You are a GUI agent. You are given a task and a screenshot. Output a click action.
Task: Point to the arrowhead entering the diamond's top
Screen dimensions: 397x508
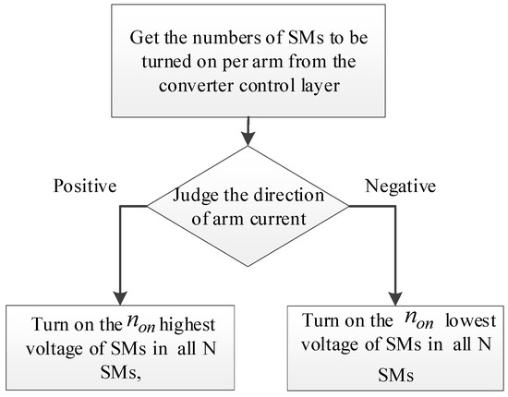[x=247, y=141]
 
